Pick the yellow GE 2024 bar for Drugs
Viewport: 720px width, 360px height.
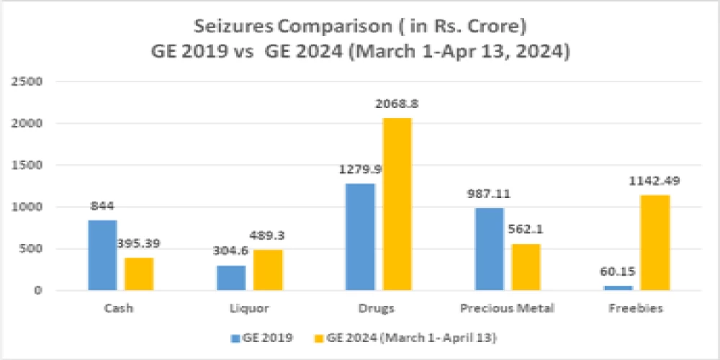pos(397,204)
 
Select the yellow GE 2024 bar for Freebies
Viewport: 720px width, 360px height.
pos(655,243)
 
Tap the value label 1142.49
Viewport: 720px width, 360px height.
pos(655,181)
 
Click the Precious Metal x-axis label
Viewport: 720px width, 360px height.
pos(508,309)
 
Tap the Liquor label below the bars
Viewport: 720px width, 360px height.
pos(250,309)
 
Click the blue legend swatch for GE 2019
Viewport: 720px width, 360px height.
pos(235,337)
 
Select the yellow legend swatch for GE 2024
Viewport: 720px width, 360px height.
pos(320,337)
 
